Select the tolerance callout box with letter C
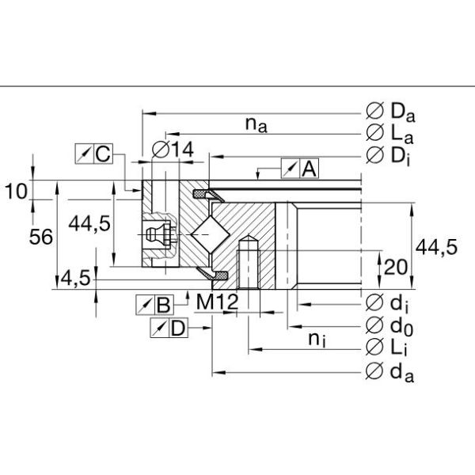coord(93,154)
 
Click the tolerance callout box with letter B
coord(154,306)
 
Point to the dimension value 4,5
coord(75,279)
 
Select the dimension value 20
coord(396,268)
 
